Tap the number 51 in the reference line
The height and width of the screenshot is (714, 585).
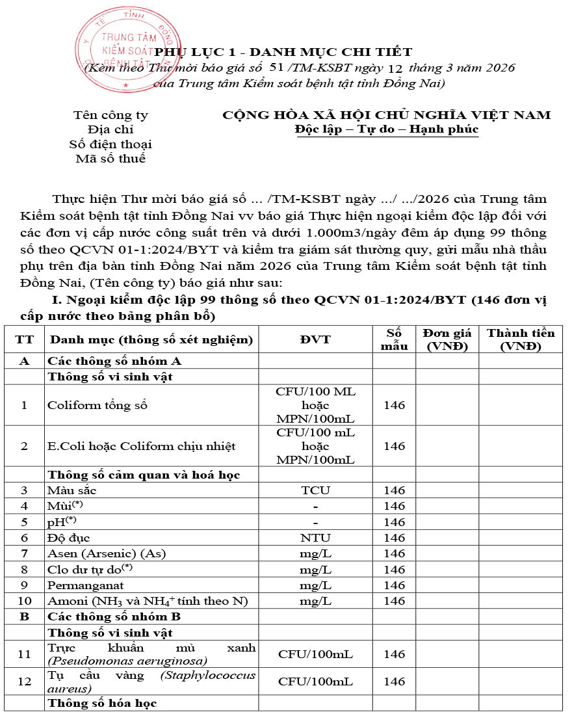[276, 67]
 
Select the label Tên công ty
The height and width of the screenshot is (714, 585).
[110, 115]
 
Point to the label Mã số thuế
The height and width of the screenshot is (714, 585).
[110, 158]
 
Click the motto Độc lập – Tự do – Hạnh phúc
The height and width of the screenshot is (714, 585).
[386, 129]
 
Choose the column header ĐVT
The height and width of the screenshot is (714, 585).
[315, 339]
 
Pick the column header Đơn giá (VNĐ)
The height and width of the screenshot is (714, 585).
[447, 339]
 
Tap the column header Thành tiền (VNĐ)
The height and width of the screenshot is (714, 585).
[520, 339]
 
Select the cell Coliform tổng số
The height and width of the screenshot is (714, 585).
[97, 405]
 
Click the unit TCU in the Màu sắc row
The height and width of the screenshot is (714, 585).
[315, 490]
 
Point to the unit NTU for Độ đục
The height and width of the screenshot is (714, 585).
[315, 538]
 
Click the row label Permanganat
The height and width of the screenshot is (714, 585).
[81, 585]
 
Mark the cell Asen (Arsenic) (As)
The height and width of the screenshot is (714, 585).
[107, 553]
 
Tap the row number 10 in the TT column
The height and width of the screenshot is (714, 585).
[24, 601]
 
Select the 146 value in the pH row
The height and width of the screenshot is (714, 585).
[394, 522]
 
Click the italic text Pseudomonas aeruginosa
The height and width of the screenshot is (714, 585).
[127, 661]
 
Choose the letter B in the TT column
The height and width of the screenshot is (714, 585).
[24, 616]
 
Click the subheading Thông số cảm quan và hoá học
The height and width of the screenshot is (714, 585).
[144, 475]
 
